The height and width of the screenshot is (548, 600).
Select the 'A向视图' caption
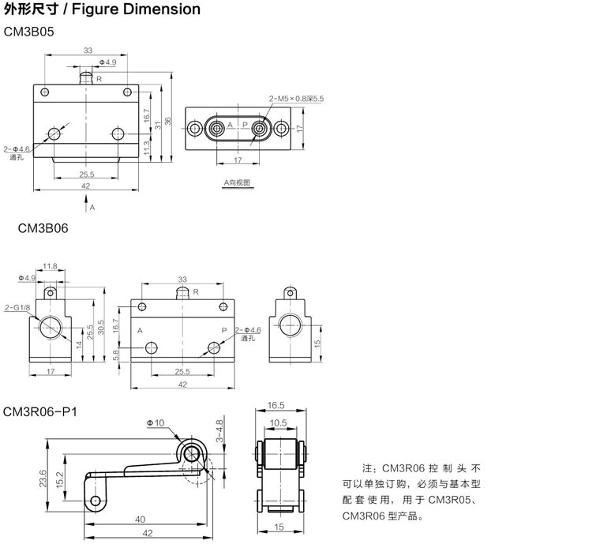coord(236,182)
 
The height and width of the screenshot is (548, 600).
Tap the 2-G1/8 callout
coord(15,308)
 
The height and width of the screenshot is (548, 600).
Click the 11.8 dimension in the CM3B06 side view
coord(50,266)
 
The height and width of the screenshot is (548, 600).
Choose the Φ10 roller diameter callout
coord(156,423)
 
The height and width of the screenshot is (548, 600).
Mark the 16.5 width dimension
coord(276,405)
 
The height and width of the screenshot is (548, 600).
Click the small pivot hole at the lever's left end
coord(96,501)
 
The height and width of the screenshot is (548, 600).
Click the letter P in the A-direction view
coord(245,126)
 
